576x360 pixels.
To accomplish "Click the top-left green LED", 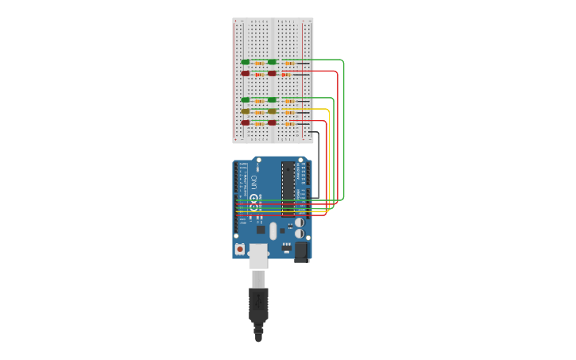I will point(245,61).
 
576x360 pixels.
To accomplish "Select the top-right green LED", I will point(273,61).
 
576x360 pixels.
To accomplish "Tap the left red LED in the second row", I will point(245,73).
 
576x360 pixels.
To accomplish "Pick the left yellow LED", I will point(245,111).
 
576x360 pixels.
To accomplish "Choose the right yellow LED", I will point(273,111).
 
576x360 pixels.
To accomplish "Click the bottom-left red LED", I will point(245,122).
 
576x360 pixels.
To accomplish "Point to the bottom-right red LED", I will point(273,122).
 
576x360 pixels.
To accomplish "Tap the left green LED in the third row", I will point(245,99).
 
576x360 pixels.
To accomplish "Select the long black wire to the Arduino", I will point(319,167).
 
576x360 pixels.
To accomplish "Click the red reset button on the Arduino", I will point(240,249).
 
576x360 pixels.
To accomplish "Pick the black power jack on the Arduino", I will point(301,251).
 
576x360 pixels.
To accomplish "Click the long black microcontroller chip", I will point(288,188).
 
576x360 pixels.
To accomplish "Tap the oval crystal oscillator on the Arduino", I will point(273,230).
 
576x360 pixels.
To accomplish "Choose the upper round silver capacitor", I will point(300,223).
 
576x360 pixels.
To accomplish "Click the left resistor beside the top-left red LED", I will point(259,74).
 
